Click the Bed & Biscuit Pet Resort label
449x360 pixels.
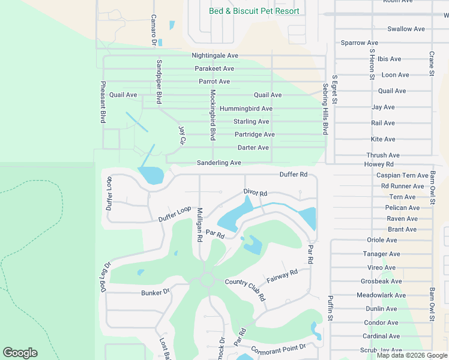pos(254,11)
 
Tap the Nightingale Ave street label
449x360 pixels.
pos(215,56)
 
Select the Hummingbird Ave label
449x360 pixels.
pos(246,109)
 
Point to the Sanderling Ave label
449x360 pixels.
pos(219,163)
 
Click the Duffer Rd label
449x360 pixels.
pos(294,175)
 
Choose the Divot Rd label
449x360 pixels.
pos(255,193)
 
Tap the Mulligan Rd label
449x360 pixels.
pos(199,225)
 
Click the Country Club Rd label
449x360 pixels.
pos(246,290)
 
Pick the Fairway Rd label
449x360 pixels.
pos(282,277)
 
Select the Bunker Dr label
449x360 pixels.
pos(155,292)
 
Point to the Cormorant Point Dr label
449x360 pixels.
pos(279,348)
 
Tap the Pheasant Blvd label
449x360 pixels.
pos(103,103)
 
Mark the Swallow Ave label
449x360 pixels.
pos(406,29)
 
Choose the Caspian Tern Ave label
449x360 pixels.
pos(402,175)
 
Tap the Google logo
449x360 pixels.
pos(20,353)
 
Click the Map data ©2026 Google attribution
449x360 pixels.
pos(412,355)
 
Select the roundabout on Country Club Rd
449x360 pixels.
pos(208,280)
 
